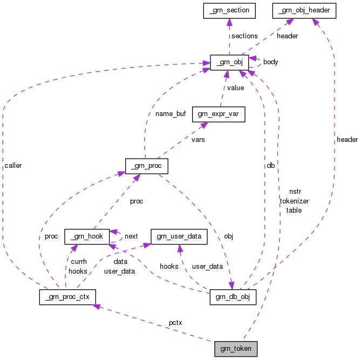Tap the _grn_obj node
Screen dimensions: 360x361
pyautogui.click(x=229, y=62)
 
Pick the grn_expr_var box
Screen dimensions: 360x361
pyautogui.click(x=221, y=114)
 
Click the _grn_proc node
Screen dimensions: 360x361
pyautogui.click(x=146, y=165)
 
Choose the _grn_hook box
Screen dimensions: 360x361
pyautogui.click(x=87, y=236)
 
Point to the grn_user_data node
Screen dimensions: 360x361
pyautogui.click(x=179, y=236)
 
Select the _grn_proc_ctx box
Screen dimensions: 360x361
pyautogui.click(x=67, y=296)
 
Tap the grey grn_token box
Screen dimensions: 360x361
pyautogui.click(x=236, y=349)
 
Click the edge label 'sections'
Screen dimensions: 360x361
pyautogui.click(x=244, y=36)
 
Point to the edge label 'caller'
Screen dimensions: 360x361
pyautogui.click(x=12, y=165)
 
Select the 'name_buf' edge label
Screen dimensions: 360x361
pyautogui.click(x=170, y=114)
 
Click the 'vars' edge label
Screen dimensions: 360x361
pyautogui.click(x=197, y=139)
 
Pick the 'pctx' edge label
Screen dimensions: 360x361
pyautogui.click(x=175, y=323)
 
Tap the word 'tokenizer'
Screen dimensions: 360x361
pyautogui.click(x=294, y=201)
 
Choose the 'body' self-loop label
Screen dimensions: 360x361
pyautogui.click(x=270, y=62)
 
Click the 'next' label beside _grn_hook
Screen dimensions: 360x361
pyautogui.click(x=131, y=236)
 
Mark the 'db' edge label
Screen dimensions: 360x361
pyautogui.click(x=270, y=165)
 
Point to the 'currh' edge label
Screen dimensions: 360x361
pyautogui.click(x=78, y=262)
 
